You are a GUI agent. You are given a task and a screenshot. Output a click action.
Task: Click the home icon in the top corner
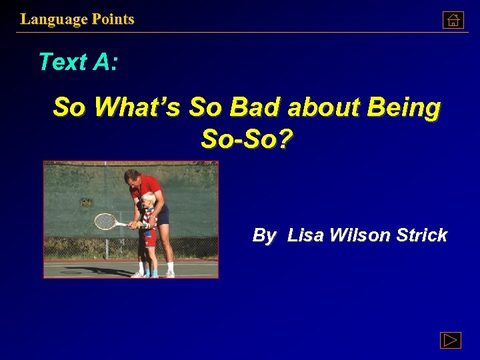coord(453,20)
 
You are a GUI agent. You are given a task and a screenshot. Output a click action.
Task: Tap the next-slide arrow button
coord(451,340)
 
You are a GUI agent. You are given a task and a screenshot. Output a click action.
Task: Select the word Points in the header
coord(113,19)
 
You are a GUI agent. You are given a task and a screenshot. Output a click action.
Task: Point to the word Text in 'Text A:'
coord(63,62)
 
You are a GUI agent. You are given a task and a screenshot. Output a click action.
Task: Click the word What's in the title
coord(137,107)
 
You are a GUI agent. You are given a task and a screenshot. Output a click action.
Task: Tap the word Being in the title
coord(407,107)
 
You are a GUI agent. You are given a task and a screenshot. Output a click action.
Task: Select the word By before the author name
coord(264,235)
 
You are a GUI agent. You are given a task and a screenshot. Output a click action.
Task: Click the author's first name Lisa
coord(305,235)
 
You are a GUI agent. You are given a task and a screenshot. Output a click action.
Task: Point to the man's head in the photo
coord(133,177)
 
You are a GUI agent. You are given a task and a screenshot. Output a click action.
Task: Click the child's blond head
coord(149,198)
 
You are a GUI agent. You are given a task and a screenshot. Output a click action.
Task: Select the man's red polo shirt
coord(148,185)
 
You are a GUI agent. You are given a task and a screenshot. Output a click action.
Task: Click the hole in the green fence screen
coord(86,201)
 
